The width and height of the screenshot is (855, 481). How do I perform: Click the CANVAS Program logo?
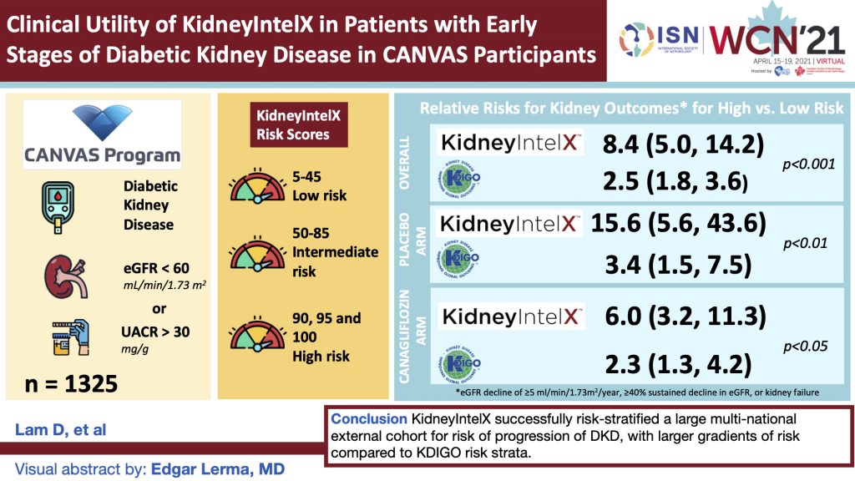[101, 133]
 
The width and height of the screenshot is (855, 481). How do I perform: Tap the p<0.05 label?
[804, 346]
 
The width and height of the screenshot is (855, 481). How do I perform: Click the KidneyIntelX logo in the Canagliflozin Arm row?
[511, 316]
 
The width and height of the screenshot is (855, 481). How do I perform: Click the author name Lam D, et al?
[52, 430]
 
